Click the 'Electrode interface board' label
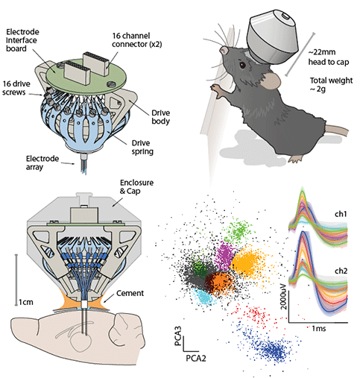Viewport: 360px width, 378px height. coord(22,40)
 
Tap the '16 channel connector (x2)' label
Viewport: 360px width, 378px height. coord(136,40)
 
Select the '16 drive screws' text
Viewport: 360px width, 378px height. coord(16,88)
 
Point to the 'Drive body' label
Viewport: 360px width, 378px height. coord(161,117)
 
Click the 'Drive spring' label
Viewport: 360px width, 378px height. coord(142,147)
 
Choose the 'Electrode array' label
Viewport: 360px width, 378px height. coord(42,163)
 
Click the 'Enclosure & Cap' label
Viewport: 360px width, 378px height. coord(136,186)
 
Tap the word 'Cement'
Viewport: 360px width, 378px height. coord(130,293)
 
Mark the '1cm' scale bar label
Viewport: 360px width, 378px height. coord(26,302)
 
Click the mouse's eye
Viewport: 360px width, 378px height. coord(242,65)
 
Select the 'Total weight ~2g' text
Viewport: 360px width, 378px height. coord(331,84)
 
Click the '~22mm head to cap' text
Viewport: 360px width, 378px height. coord(329,57)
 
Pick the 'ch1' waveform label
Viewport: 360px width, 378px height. coord(341,214)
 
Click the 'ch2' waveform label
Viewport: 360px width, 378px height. coord(341,271)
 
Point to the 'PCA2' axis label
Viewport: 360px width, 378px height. coord(196,359)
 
